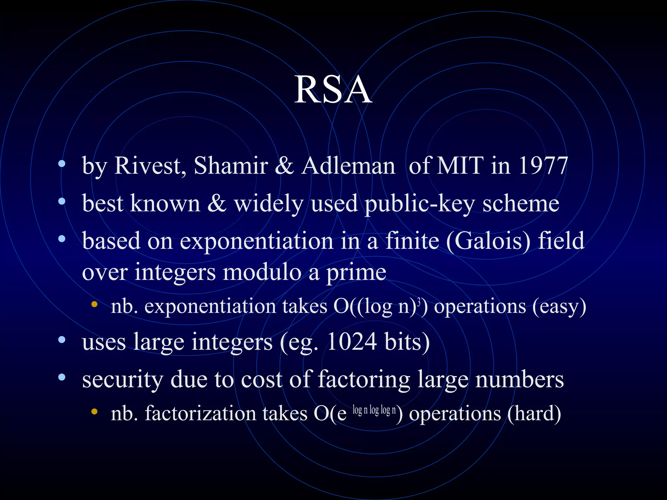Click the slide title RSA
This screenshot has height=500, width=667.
point(333,90)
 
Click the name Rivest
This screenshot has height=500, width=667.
point(150,166)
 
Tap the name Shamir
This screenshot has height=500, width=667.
point(231,166)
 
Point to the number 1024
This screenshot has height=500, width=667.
point(352,342)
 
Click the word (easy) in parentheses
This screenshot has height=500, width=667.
point(559,307)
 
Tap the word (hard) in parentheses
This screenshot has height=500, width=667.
point(534,414)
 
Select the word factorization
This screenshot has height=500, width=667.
point(200,414)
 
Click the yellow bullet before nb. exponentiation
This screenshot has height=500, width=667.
point(94,305)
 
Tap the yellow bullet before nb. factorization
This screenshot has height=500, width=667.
point(94,411)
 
